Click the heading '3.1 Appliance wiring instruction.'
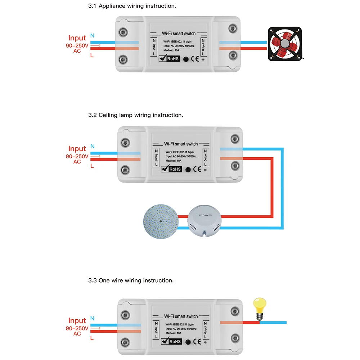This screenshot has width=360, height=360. click(132, 6)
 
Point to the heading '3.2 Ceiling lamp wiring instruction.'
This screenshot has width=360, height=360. click(136, 115)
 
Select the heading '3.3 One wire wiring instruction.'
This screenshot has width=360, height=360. click(131, 280)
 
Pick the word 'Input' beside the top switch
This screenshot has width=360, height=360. click(77, 38)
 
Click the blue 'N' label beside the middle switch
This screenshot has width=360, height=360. click(93, 147)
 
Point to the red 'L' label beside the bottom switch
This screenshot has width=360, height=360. click(92, 338)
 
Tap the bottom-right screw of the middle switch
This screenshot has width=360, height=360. click(235, 166)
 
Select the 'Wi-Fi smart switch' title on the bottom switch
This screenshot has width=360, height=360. click(181, 316)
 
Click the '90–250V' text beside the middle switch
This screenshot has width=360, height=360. click(77, 156)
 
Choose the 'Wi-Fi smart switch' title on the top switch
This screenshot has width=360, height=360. click(179, 33)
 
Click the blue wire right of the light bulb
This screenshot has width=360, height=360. click(274, 322)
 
